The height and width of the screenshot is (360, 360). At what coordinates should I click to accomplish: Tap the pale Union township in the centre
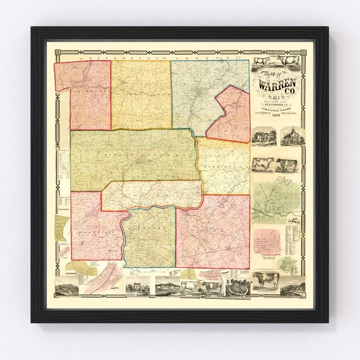[x=152, y=195]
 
